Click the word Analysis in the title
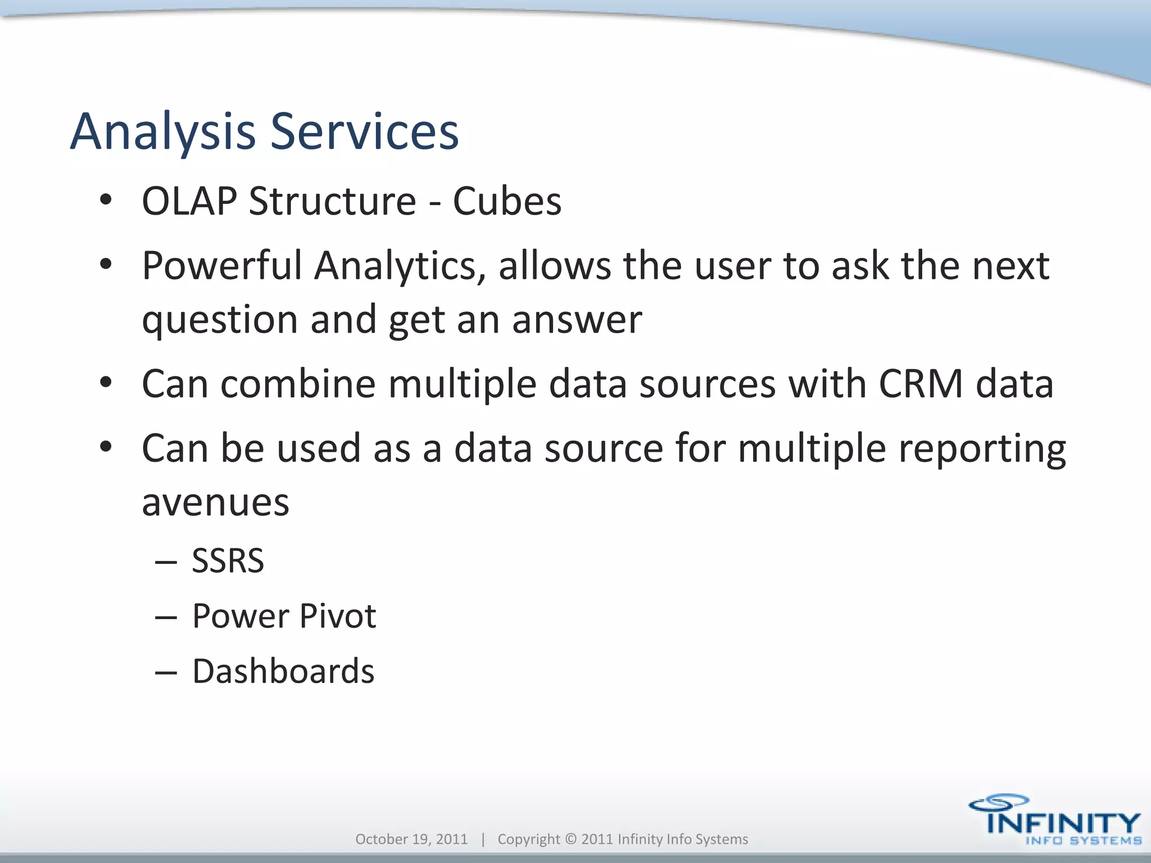pos(163,132)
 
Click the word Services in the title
pos(365,132)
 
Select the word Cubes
pos(507,201)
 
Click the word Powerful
pos(222,265)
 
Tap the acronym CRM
pos(921,384)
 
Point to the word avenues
pos(215,503)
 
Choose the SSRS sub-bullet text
pos(228,561)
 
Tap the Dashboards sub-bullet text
pos(283,671)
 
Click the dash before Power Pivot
pos(166,617)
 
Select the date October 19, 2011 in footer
pos(411,839)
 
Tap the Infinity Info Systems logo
pos(1054,820)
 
